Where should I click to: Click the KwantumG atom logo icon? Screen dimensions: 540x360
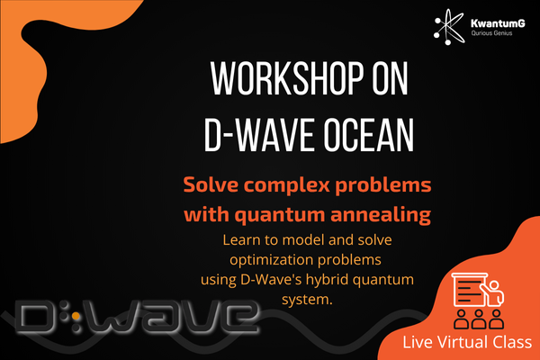click(449, 27)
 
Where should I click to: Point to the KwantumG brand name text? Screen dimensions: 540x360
click(498, 23)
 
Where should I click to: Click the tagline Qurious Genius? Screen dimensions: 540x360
click(491, 33)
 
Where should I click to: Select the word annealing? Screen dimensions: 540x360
click(381, 215)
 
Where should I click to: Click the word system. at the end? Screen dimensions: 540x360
click(307, 300)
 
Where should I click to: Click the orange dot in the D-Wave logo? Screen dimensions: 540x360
click(76, 316)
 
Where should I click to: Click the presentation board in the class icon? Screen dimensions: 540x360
click(470, 289)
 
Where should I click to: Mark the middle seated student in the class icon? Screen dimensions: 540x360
click(479, 319)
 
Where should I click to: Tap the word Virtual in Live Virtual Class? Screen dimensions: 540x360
click(463, 342)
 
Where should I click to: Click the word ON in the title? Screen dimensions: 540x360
click(391, 78)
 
